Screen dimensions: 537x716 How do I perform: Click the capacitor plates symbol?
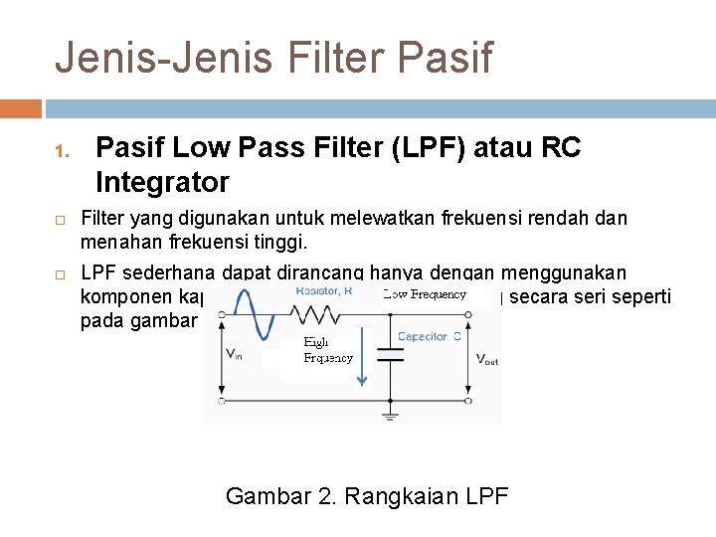390,355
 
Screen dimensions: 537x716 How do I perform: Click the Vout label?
485,358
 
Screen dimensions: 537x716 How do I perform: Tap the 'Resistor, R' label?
324,291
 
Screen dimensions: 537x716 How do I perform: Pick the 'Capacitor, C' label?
429,336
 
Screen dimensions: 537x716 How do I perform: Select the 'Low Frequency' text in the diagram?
425,294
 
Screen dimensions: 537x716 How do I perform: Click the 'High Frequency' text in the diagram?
327,350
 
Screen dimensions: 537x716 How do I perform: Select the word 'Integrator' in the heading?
162,183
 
